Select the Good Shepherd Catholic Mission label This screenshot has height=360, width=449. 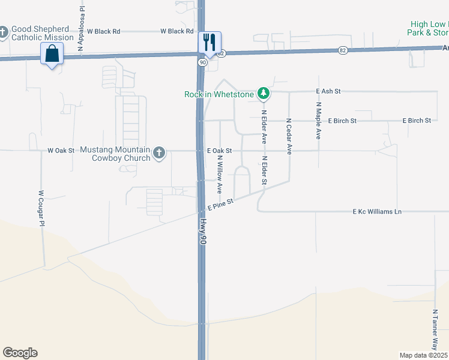pos(42,33)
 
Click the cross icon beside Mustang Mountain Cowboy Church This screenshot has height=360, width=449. pos(159,153)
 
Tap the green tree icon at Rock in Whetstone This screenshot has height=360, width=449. pos(263,94)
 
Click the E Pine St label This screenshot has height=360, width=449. pos(220,205)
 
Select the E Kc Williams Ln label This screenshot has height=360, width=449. pos(377,212)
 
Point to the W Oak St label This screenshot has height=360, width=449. pos(61,151)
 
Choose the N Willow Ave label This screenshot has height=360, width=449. pos(220,175)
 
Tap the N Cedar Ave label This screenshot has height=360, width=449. pos(289,136)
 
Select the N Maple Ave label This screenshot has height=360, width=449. pos(318,120)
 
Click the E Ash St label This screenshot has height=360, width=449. pos(328,91)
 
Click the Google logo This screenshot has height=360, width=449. pos(20,353)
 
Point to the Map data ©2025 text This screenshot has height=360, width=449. pos(423,355)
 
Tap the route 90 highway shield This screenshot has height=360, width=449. pos(203,62)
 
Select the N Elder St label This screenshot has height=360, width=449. pos(264,171)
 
